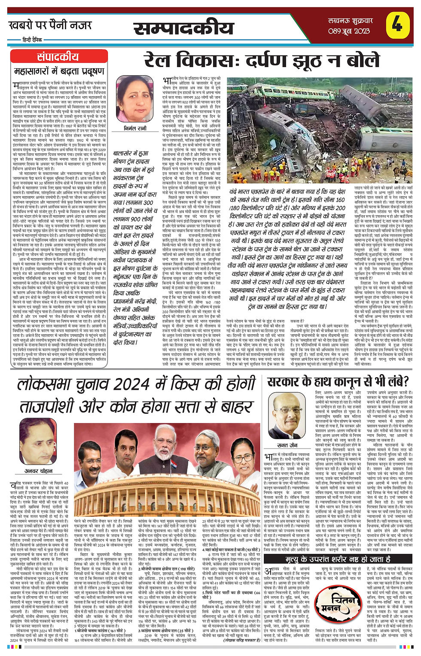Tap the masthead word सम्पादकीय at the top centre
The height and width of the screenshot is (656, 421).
184,28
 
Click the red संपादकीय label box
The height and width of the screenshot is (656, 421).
58,57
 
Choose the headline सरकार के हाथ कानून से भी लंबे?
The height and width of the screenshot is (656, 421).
338,381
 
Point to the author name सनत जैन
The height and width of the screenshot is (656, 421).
287,445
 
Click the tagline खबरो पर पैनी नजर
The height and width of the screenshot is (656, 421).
50,25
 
